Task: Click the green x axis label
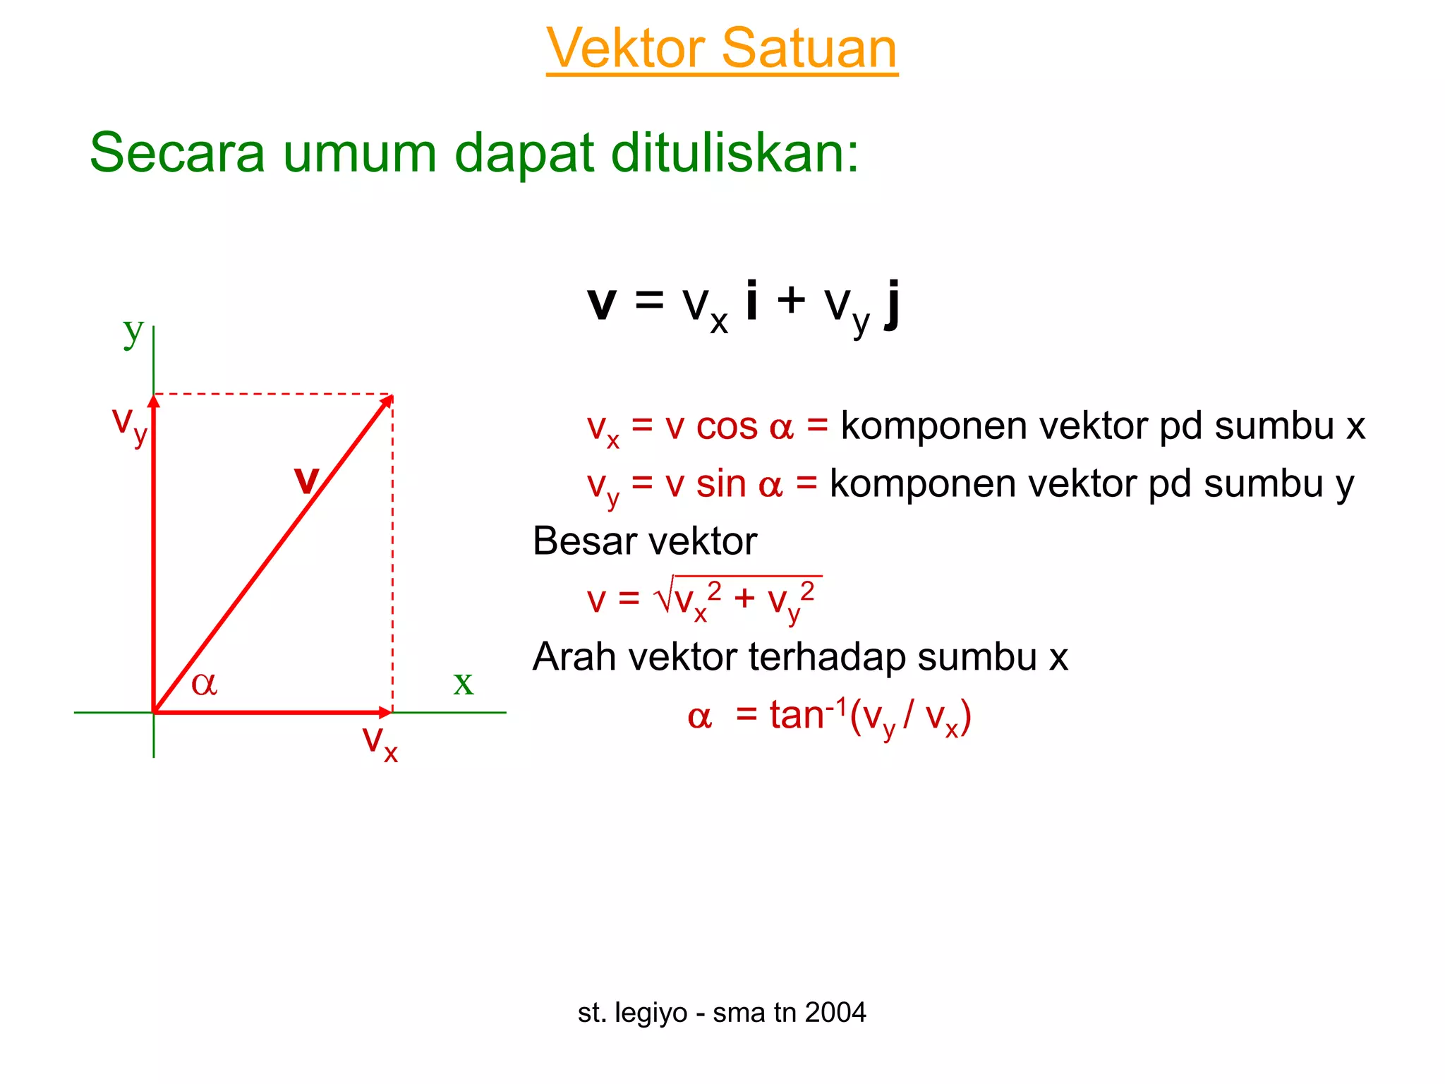click(463, 682)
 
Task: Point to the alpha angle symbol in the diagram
click(204, 683)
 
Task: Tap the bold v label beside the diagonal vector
click(306, 480)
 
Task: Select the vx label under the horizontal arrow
click(380, 742)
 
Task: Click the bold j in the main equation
click(893, 303)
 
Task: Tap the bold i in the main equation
click(752, 299)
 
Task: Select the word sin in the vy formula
click(721, 484)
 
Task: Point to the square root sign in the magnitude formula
click(664, 597)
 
